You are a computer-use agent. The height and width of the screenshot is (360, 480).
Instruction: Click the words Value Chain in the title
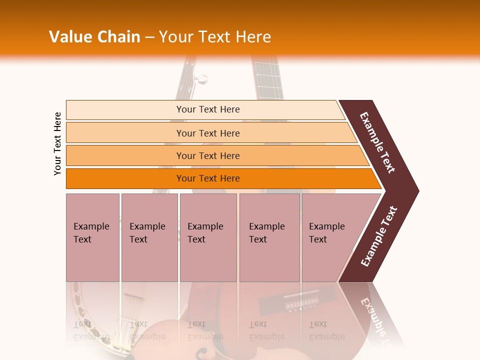[94, 37]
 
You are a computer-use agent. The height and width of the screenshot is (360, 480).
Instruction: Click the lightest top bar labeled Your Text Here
[207, 109]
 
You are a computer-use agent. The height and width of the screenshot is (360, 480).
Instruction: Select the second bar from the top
[207, 133]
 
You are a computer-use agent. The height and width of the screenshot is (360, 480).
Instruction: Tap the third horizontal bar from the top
[207, 155]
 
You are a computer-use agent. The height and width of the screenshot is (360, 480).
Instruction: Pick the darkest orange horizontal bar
[207, 178]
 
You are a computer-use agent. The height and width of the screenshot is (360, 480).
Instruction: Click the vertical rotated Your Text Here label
[57, 143]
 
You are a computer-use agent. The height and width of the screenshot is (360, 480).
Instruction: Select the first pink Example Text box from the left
[92, 237]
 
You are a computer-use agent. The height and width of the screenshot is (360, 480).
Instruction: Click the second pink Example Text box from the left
[149, 237]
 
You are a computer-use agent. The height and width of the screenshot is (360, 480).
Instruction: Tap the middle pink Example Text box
[208, 237]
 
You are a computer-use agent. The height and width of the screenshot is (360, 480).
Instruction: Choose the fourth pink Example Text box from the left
[269, 237]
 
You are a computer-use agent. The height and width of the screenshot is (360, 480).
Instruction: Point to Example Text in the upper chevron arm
[377, 142]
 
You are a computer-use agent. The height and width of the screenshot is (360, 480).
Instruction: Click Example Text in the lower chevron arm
[378, 236]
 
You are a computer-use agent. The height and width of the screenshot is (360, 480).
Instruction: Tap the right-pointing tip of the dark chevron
[416, 190]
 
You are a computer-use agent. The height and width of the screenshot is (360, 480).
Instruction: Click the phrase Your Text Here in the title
[215, 37]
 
